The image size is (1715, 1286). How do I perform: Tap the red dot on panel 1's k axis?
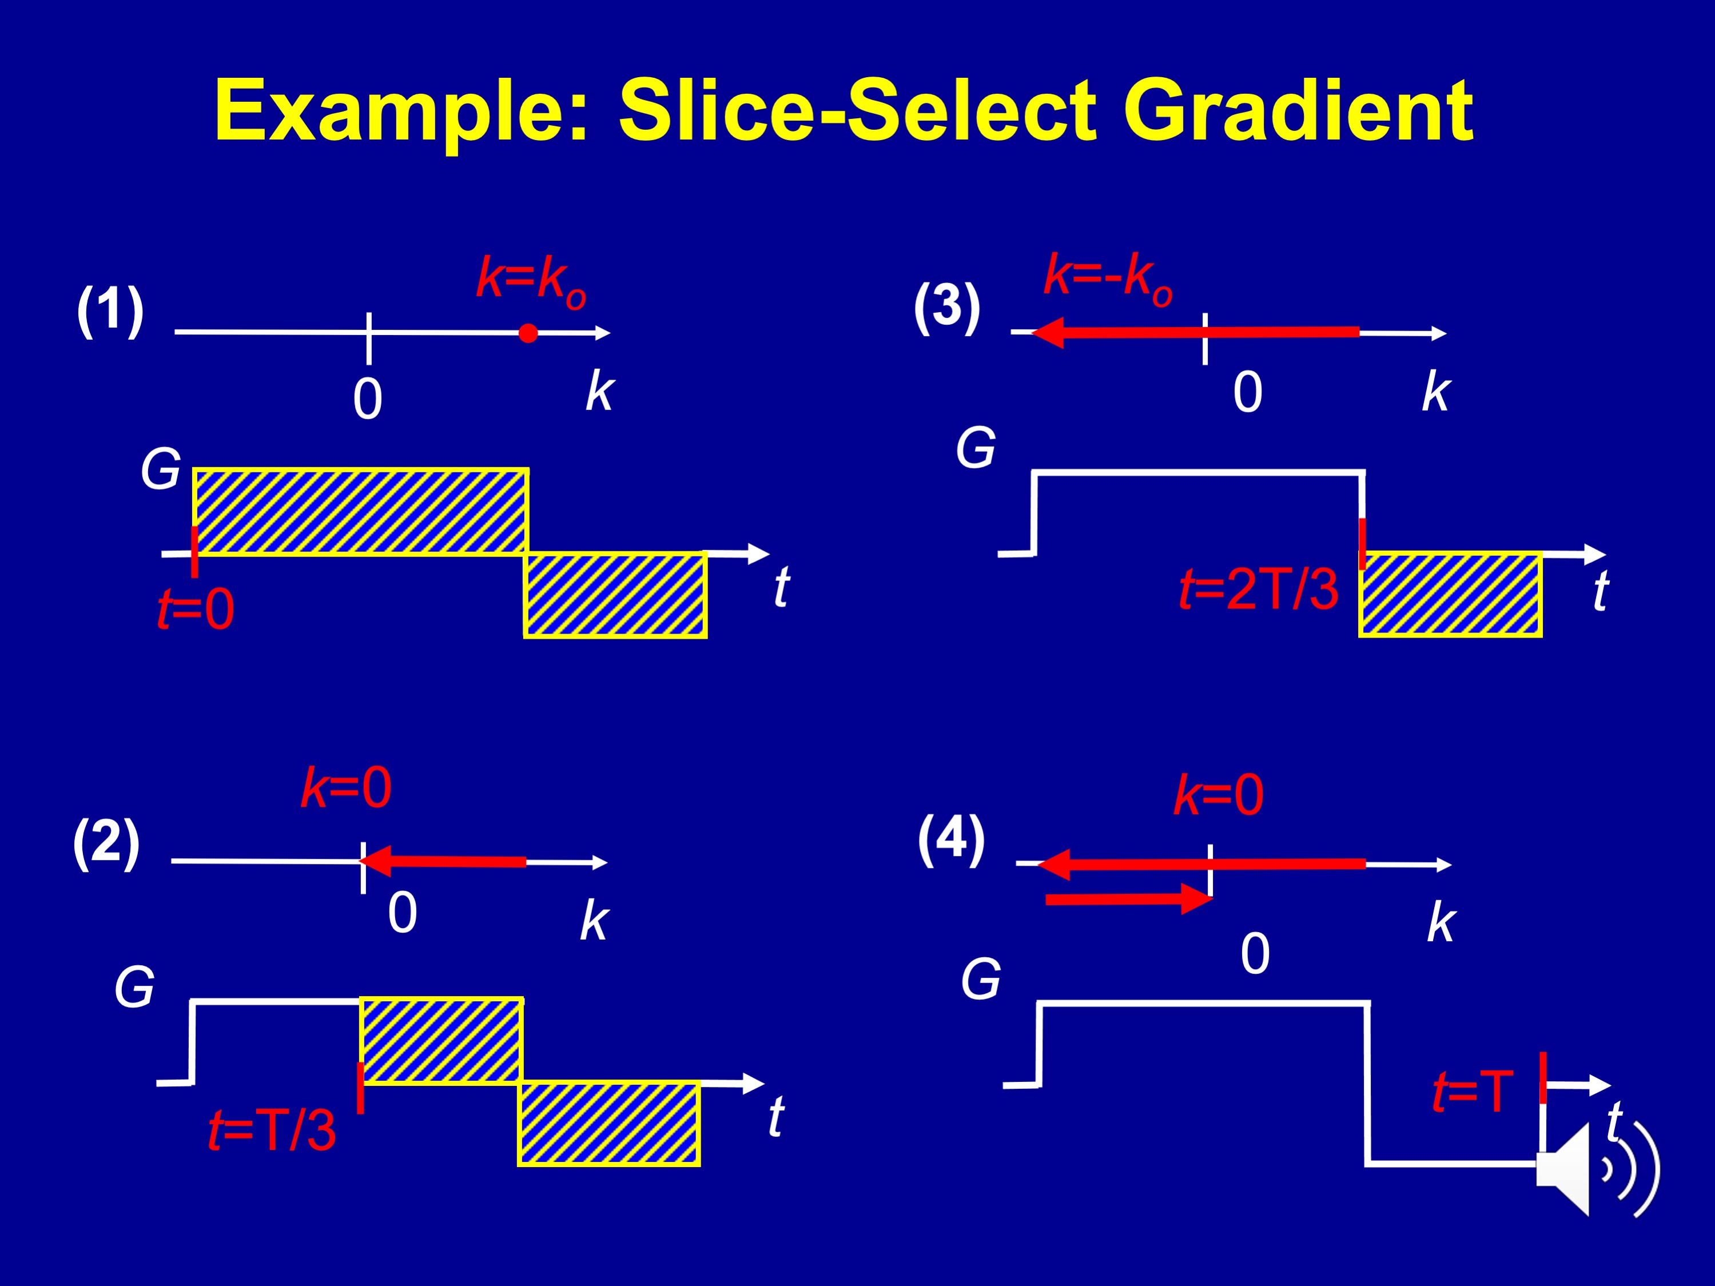click(528, 333)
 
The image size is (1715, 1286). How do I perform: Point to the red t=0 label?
click(196, 610)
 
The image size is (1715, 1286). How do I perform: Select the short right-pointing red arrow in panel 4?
click(1128, 899)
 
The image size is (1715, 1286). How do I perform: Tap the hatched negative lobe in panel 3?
click(1450, 595)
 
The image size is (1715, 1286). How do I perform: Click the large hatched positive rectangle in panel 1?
click(360, 512)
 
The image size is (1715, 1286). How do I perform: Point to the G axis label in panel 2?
click(135, 988)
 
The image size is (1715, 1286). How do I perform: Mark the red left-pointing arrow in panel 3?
click(1194, 333)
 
